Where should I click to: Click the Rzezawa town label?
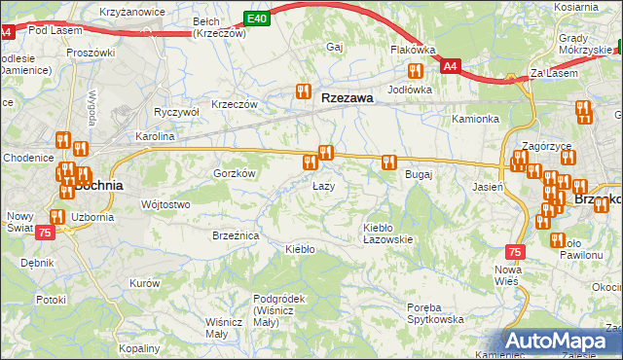348,97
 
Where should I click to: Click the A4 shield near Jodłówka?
449,66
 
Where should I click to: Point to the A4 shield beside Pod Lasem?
6,32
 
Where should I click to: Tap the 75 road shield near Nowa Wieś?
515,251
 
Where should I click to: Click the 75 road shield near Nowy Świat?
45,233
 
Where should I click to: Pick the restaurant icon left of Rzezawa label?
304,93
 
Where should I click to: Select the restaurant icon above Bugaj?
389,162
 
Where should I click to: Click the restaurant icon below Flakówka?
416,70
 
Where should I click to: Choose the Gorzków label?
234,173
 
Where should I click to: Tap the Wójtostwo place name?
165,204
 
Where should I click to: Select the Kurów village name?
143,283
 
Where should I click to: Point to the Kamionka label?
475,119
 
